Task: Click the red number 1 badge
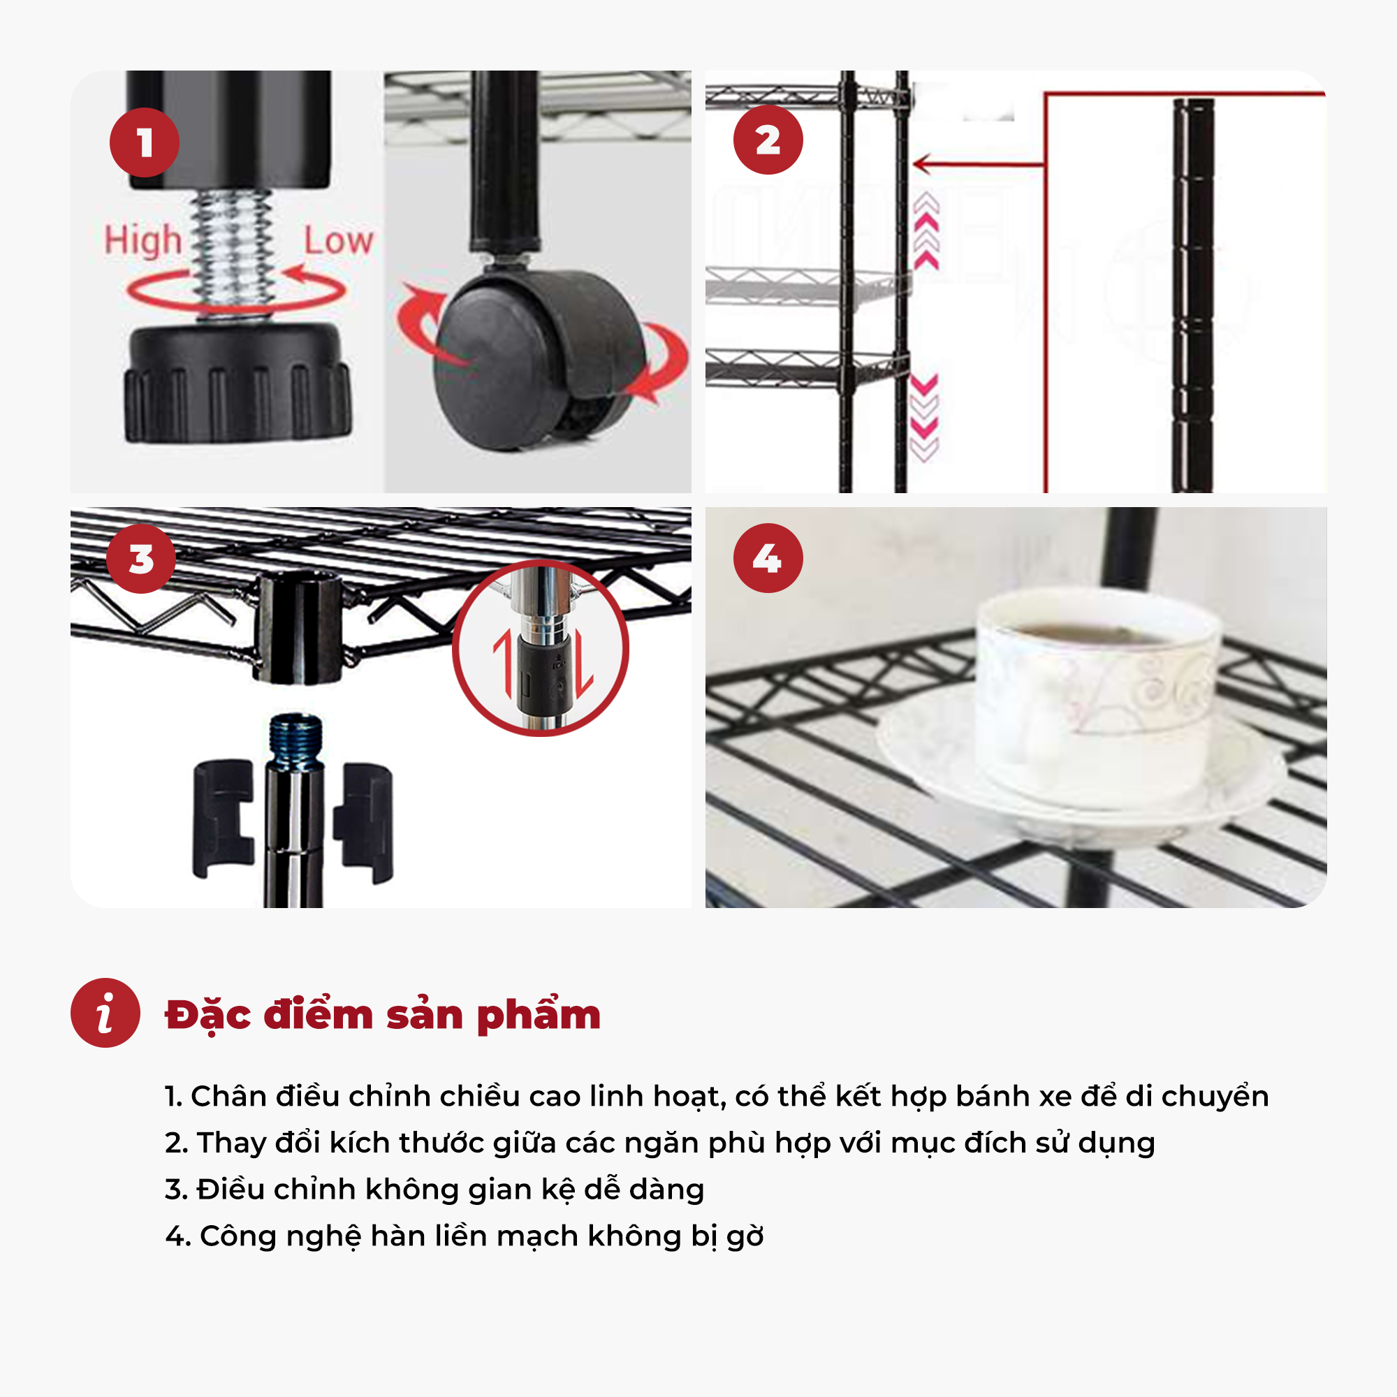[145, 142]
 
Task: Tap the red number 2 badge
[768, 140]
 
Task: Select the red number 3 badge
[141, 559]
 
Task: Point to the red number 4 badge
[768, 558]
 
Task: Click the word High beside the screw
[143, 240]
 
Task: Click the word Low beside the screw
[338, 241]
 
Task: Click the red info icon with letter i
[105, 1013]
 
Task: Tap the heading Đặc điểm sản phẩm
[383, 1014]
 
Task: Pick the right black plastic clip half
[364, 823]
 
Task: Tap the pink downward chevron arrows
[924, 417]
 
